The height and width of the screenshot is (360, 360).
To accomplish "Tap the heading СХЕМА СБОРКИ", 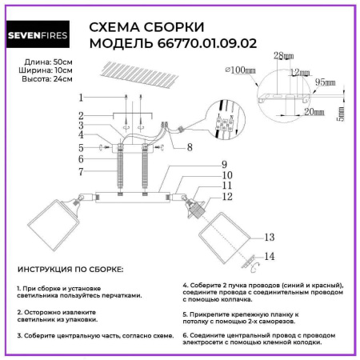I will tap(143, 27).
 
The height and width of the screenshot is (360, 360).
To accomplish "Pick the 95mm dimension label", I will tap(325, 82).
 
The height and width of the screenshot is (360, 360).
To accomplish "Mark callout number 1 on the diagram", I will tap(81, 98).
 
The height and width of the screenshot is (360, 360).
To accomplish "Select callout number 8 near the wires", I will tap(189, 147).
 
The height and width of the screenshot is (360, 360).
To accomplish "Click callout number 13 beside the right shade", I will tap(270, 238).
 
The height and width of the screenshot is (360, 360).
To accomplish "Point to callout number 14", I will tap(270, 257).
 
